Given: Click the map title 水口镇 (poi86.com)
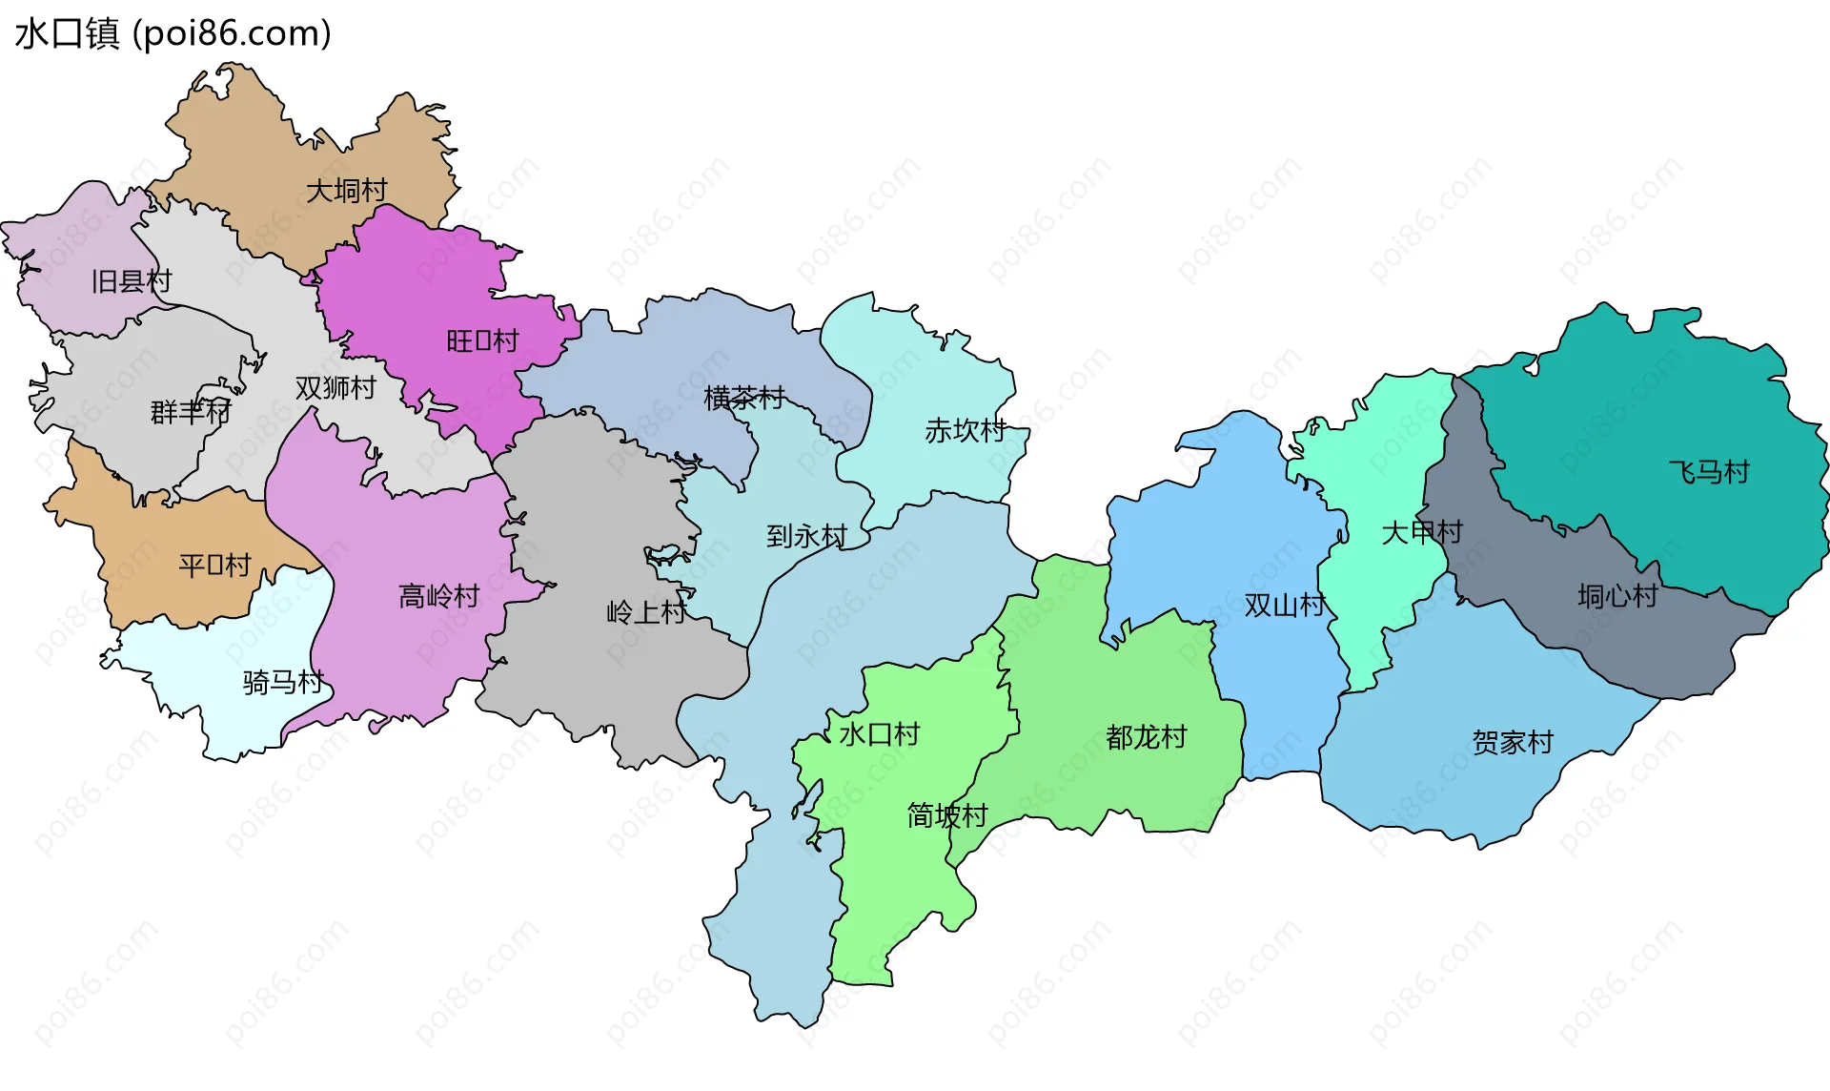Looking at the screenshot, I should click(173, 33).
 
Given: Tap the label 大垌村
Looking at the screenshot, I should click(346, 191).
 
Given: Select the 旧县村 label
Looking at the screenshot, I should click(132, 281).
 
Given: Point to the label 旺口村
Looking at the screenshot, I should click(482, 340).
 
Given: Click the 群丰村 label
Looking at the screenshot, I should click(191, 412).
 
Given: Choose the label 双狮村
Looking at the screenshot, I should click(335, 388).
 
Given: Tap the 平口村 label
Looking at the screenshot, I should click(214, 566).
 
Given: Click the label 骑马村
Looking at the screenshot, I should click(283, 682).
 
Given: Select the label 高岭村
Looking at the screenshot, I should click(438, 596).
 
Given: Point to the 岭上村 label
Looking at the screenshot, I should click(646, 612).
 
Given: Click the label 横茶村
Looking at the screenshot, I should click(744, 398).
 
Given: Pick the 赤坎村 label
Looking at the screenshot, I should click(966, 431).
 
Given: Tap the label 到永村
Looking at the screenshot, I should click(806, 536).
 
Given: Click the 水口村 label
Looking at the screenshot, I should click(879, 734).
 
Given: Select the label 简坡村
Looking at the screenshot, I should click(947, 815).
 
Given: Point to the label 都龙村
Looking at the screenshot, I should click(1147, 737).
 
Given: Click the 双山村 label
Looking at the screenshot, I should click(1285, 605).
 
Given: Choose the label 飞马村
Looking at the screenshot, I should click(1709, 472).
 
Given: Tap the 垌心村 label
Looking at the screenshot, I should click(1617, 596).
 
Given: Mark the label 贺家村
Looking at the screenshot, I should click(1513, 742).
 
